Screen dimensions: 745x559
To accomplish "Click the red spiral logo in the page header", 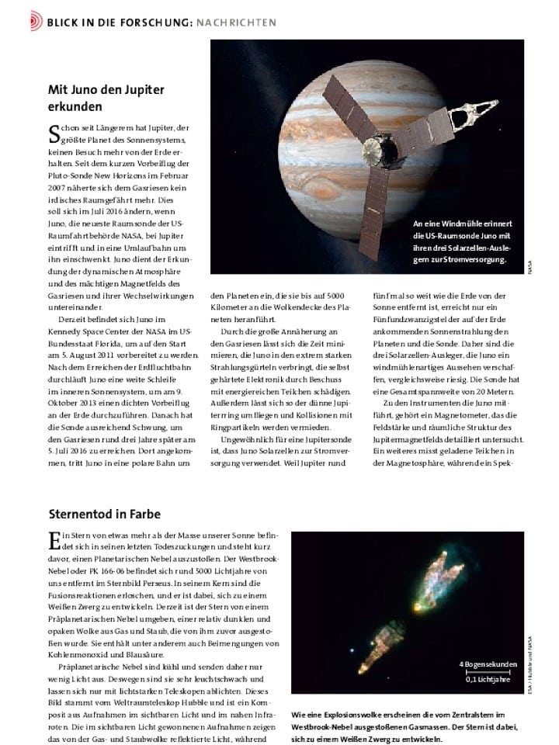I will (36, 22).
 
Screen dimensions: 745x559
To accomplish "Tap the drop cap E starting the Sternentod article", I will (54, 542).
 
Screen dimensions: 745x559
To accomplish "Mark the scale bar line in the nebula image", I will (487, 671).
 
